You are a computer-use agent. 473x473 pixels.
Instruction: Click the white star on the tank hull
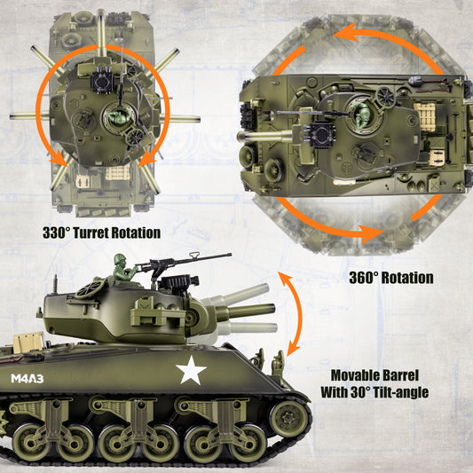[191, 371]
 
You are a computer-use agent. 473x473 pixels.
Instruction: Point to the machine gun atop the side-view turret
[177, 264]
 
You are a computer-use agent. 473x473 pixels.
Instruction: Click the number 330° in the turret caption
[59, 233]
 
